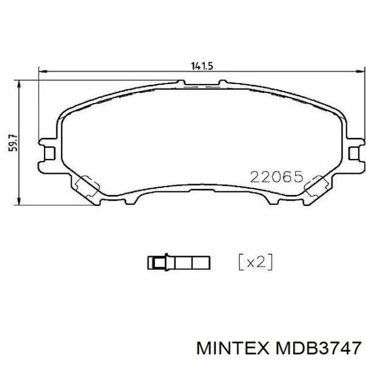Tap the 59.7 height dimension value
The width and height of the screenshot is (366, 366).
pos(15,143)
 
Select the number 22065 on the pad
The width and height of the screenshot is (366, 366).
pos(276,177)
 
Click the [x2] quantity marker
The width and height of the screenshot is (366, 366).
pos(255,261)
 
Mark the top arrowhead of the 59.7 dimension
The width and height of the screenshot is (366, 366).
pos(19,84)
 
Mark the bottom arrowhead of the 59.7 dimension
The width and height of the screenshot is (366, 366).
pos(19,201)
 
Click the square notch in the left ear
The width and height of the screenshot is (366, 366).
pos(50,152)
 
